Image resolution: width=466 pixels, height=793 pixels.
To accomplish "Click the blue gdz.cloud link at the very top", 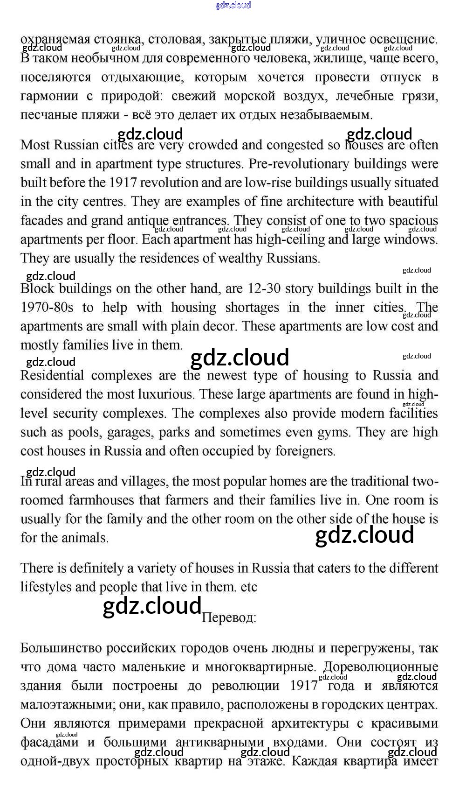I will (233, 5).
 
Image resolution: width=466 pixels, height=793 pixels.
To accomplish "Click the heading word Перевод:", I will (229, 618).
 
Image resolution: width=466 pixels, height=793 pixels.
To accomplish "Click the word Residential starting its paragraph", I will (52, 376).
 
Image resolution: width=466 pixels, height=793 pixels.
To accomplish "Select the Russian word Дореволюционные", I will (380, 667).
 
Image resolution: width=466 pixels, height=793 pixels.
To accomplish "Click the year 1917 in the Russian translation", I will (304, 686).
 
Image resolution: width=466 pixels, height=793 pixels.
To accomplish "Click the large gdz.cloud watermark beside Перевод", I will (151, 606).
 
